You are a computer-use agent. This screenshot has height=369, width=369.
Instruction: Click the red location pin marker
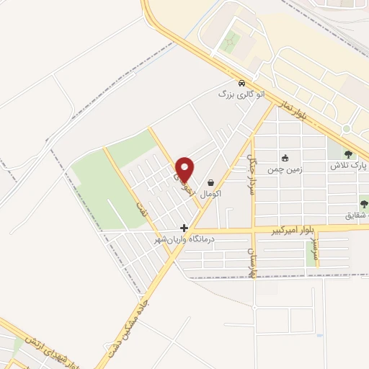click(185, 169)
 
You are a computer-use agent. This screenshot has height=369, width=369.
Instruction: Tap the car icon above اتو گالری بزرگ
click(241, 81)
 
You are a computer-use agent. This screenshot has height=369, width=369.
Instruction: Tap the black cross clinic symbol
click(184, 227)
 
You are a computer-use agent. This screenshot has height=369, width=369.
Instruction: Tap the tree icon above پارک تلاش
click(349, 154)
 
